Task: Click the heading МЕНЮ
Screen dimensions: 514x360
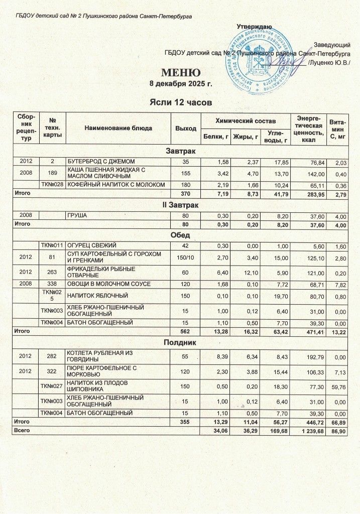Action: click(181, 72)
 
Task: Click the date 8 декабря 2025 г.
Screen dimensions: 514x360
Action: click(181, 83)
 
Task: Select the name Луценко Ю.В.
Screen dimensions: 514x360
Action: click(329, 63)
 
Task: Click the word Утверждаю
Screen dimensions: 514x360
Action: click(254, 26)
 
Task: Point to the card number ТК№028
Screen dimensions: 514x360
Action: click(52, 185)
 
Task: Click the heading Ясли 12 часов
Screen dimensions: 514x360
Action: click(181, 102)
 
